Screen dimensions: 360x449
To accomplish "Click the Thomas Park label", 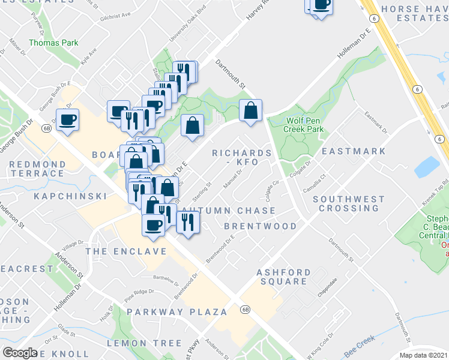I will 45,43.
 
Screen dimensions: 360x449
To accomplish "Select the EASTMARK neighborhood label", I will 354,151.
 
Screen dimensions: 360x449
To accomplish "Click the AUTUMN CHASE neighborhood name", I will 229,211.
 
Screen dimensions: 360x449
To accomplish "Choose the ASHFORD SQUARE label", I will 284,277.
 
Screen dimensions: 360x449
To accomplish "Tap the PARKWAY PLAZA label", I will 177,312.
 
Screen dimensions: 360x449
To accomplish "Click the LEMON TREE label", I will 144,343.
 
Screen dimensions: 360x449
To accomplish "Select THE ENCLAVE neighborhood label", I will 125,251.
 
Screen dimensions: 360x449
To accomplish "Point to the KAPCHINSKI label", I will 70,196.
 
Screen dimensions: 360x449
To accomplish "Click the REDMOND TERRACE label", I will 37,169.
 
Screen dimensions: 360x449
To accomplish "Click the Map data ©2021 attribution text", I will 424,355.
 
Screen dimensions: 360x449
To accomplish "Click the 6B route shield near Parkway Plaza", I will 245,310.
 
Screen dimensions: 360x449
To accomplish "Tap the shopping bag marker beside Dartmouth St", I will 251,111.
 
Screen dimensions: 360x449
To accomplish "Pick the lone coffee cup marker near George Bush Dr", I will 67,119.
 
